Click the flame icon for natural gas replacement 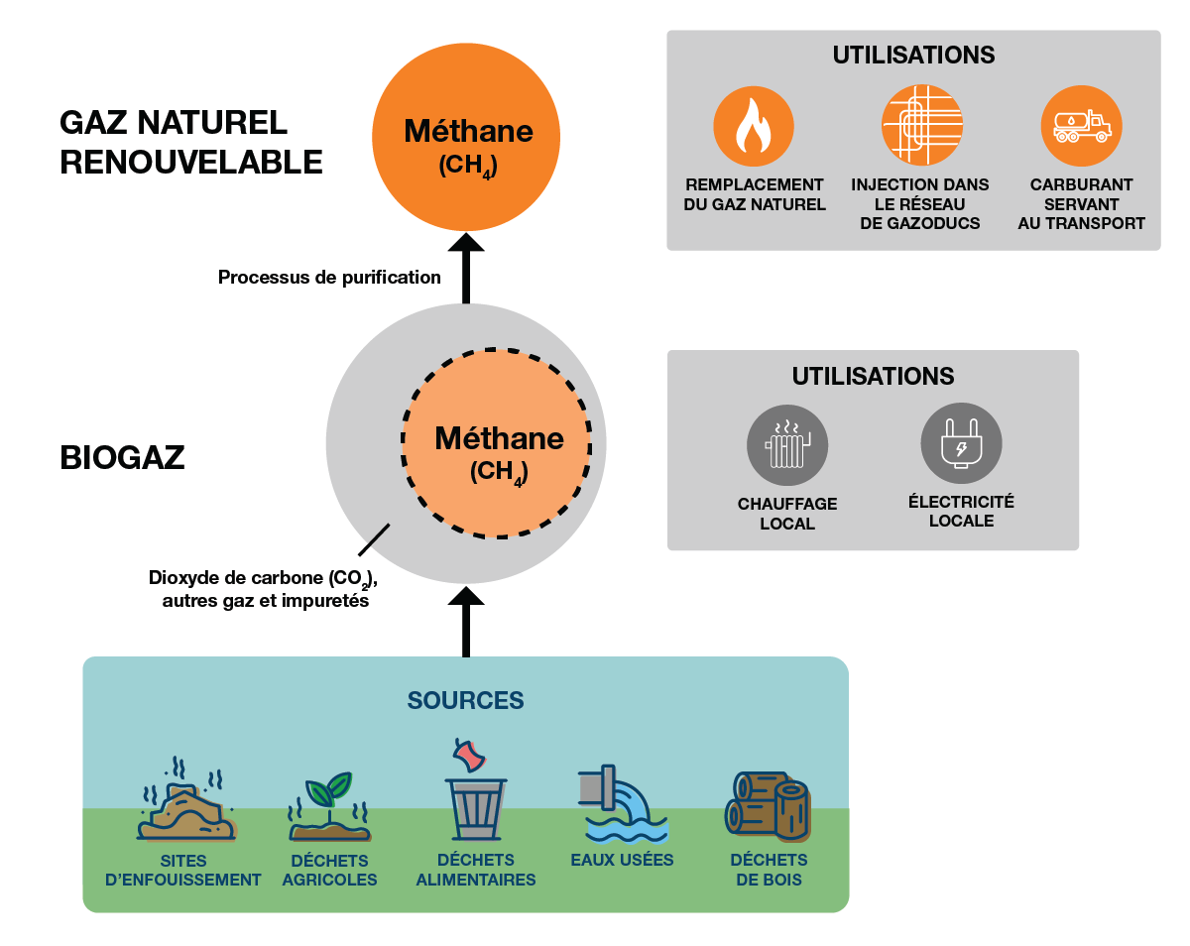tap(755, 126)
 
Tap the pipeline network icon tap(922, 126)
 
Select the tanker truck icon tap(1082, 126)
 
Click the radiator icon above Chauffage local tap(787, 445)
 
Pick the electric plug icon tap(961, 443)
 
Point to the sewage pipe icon tap(622, 801)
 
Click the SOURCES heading tap(465, 700)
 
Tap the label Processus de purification tap(329, 277)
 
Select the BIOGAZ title tap(122, 457)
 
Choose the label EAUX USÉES tap(622, 860)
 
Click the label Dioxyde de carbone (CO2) tap(264, 577)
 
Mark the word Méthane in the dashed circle tap(499, 437)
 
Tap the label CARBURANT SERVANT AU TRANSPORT tap(1081, 204)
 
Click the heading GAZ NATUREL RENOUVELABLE tap(190, 142)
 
